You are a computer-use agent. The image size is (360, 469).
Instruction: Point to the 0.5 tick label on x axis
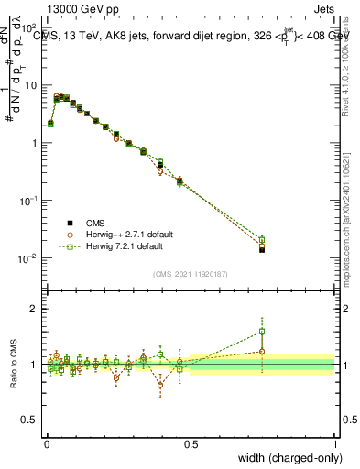click(191, 444)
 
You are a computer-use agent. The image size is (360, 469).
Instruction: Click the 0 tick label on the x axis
click(47, 444)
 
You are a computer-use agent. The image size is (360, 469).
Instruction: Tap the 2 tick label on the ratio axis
click(36, 309)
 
